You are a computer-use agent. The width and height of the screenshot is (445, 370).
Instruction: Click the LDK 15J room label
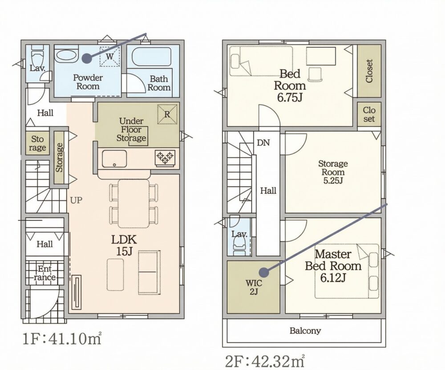(x=124, y=245)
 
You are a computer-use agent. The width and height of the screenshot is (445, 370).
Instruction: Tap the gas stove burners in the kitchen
(x=165, y=157)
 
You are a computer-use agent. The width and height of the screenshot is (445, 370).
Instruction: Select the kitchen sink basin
(x=114, y=159)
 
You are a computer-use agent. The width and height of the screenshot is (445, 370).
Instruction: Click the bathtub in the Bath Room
(x=153, y=57)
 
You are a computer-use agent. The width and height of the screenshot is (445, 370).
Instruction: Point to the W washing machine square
(x=109, y=56)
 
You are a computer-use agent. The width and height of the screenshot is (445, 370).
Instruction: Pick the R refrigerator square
(x=167, y=114)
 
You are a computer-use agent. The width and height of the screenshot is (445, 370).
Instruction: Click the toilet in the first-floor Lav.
(x=37, y=57)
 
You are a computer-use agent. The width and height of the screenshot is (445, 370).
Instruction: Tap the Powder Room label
(x=88, y=82)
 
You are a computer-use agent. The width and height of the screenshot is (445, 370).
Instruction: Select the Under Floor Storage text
(x=131, y=130)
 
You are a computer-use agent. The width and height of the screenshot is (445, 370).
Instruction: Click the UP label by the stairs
(x=76, y=200)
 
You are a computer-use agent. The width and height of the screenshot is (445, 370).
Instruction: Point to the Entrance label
(x=44, y=273)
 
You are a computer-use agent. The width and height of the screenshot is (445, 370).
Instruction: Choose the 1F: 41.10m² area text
(x=62, y=339)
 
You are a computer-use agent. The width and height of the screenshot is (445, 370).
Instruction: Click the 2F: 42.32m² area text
(x=265, y=361)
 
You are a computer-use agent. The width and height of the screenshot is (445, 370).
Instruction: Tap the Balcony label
(x=305, y=330)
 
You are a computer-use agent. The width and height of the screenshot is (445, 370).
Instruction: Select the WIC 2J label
(x=254, y=287)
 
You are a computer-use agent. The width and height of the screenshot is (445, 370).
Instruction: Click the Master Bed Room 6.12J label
(x=333, y=266)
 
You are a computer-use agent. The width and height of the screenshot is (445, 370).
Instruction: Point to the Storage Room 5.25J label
(x=333, y=172)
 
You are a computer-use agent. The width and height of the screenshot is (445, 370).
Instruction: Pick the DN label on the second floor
(x=263, y=142)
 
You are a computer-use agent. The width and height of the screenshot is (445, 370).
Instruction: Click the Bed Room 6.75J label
(x=290, y=85)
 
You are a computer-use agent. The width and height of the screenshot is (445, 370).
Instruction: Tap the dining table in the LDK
(x=133, y=203)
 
